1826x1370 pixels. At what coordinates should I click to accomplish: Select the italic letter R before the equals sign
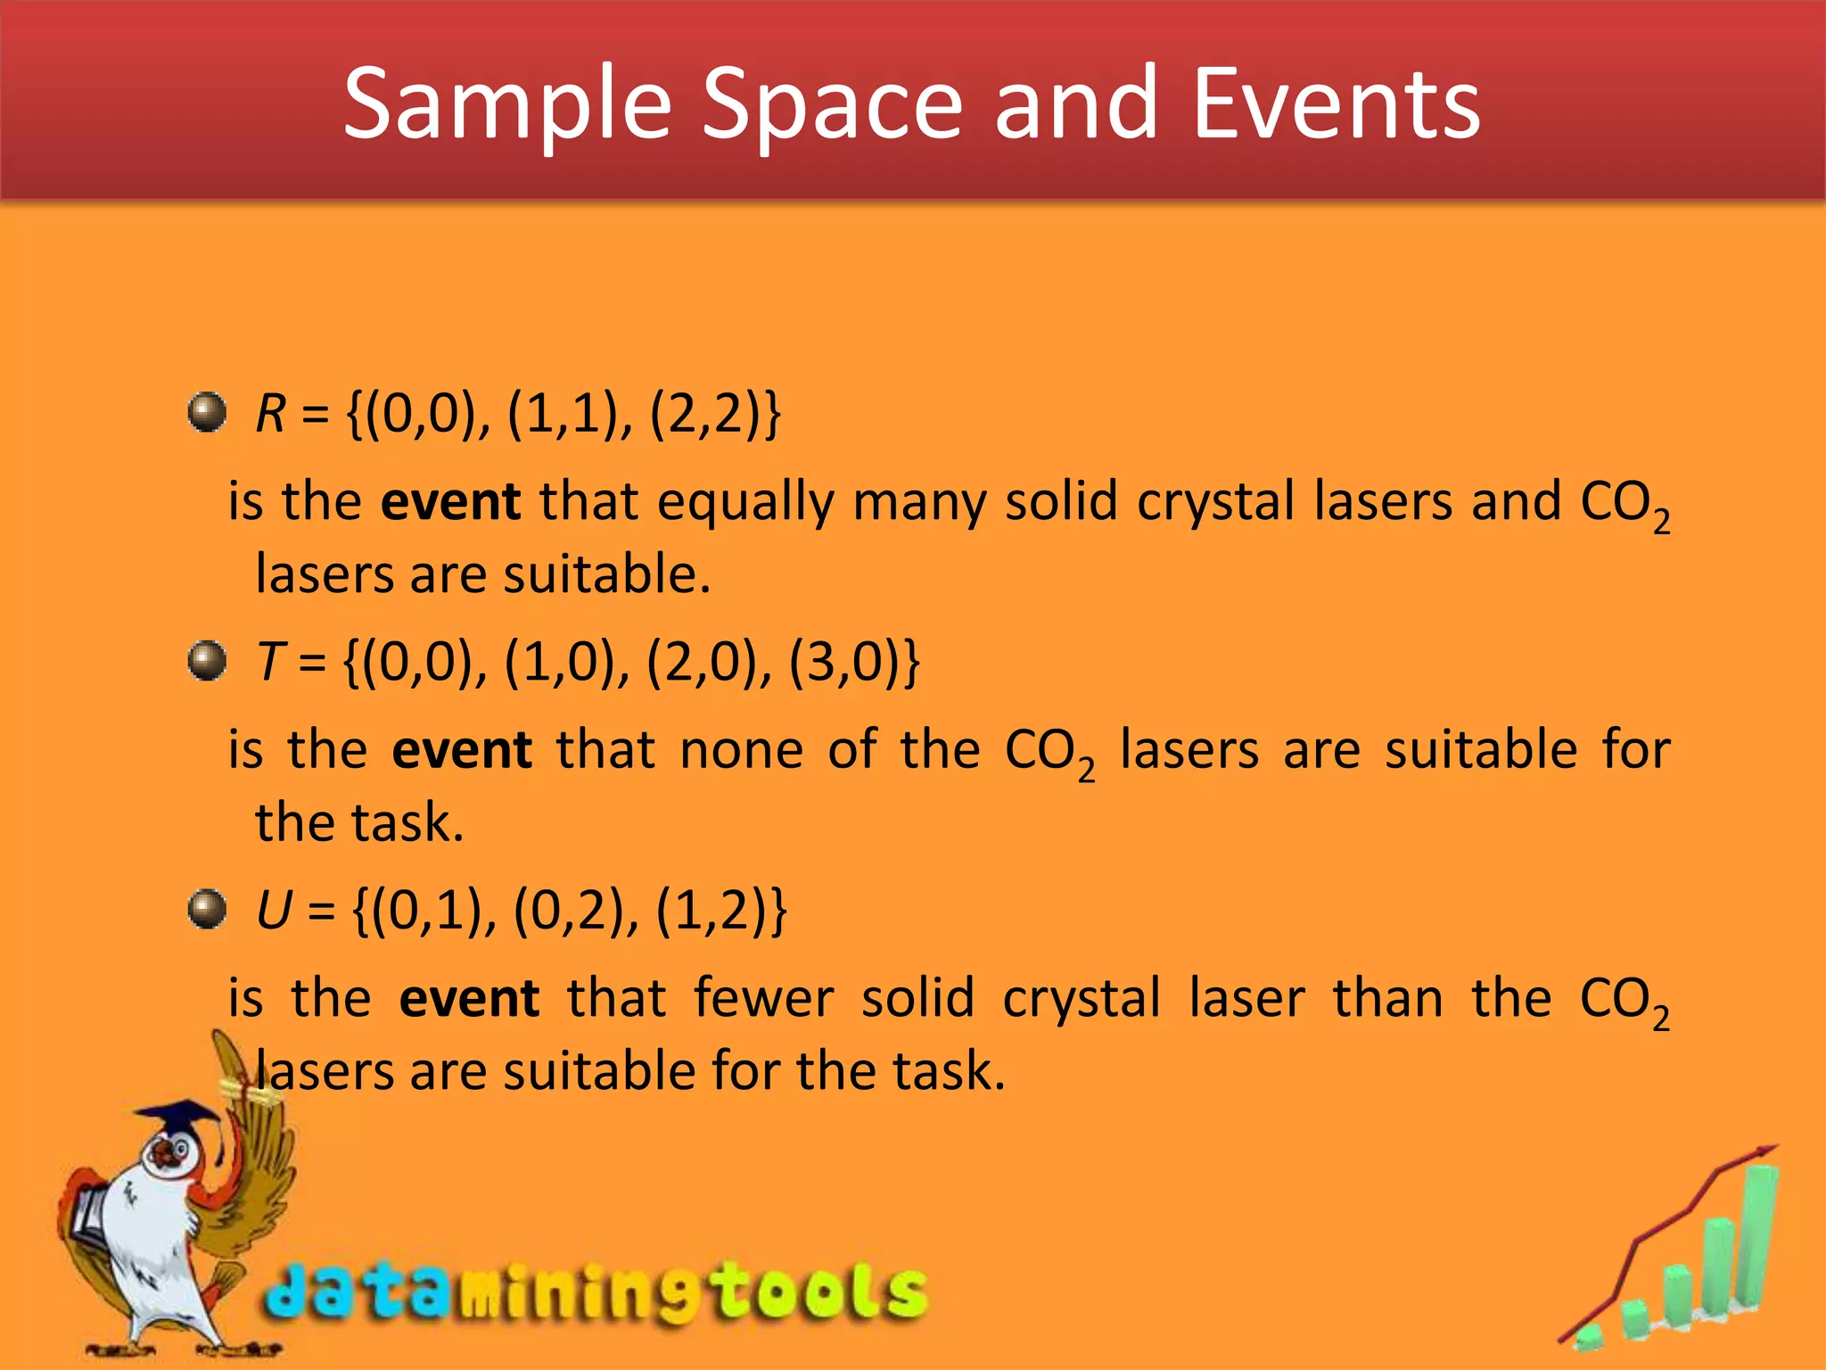[270, 414]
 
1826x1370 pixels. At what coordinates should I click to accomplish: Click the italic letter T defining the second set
[270, 662]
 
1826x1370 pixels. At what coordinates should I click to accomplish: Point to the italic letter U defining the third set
[273, 911]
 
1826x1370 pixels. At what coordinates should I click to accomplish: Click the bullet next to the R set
[208, 412]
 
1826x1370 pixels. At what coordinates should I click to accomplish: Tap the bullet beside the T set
[208, 661]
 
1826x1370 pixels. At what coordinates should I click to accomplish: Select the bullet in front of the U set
[208, 909]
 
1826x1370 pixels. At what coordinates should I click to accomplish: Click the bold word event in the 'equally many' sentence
[450, 501]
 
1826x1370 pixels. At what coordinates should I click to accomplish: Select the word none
[741, 749]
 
